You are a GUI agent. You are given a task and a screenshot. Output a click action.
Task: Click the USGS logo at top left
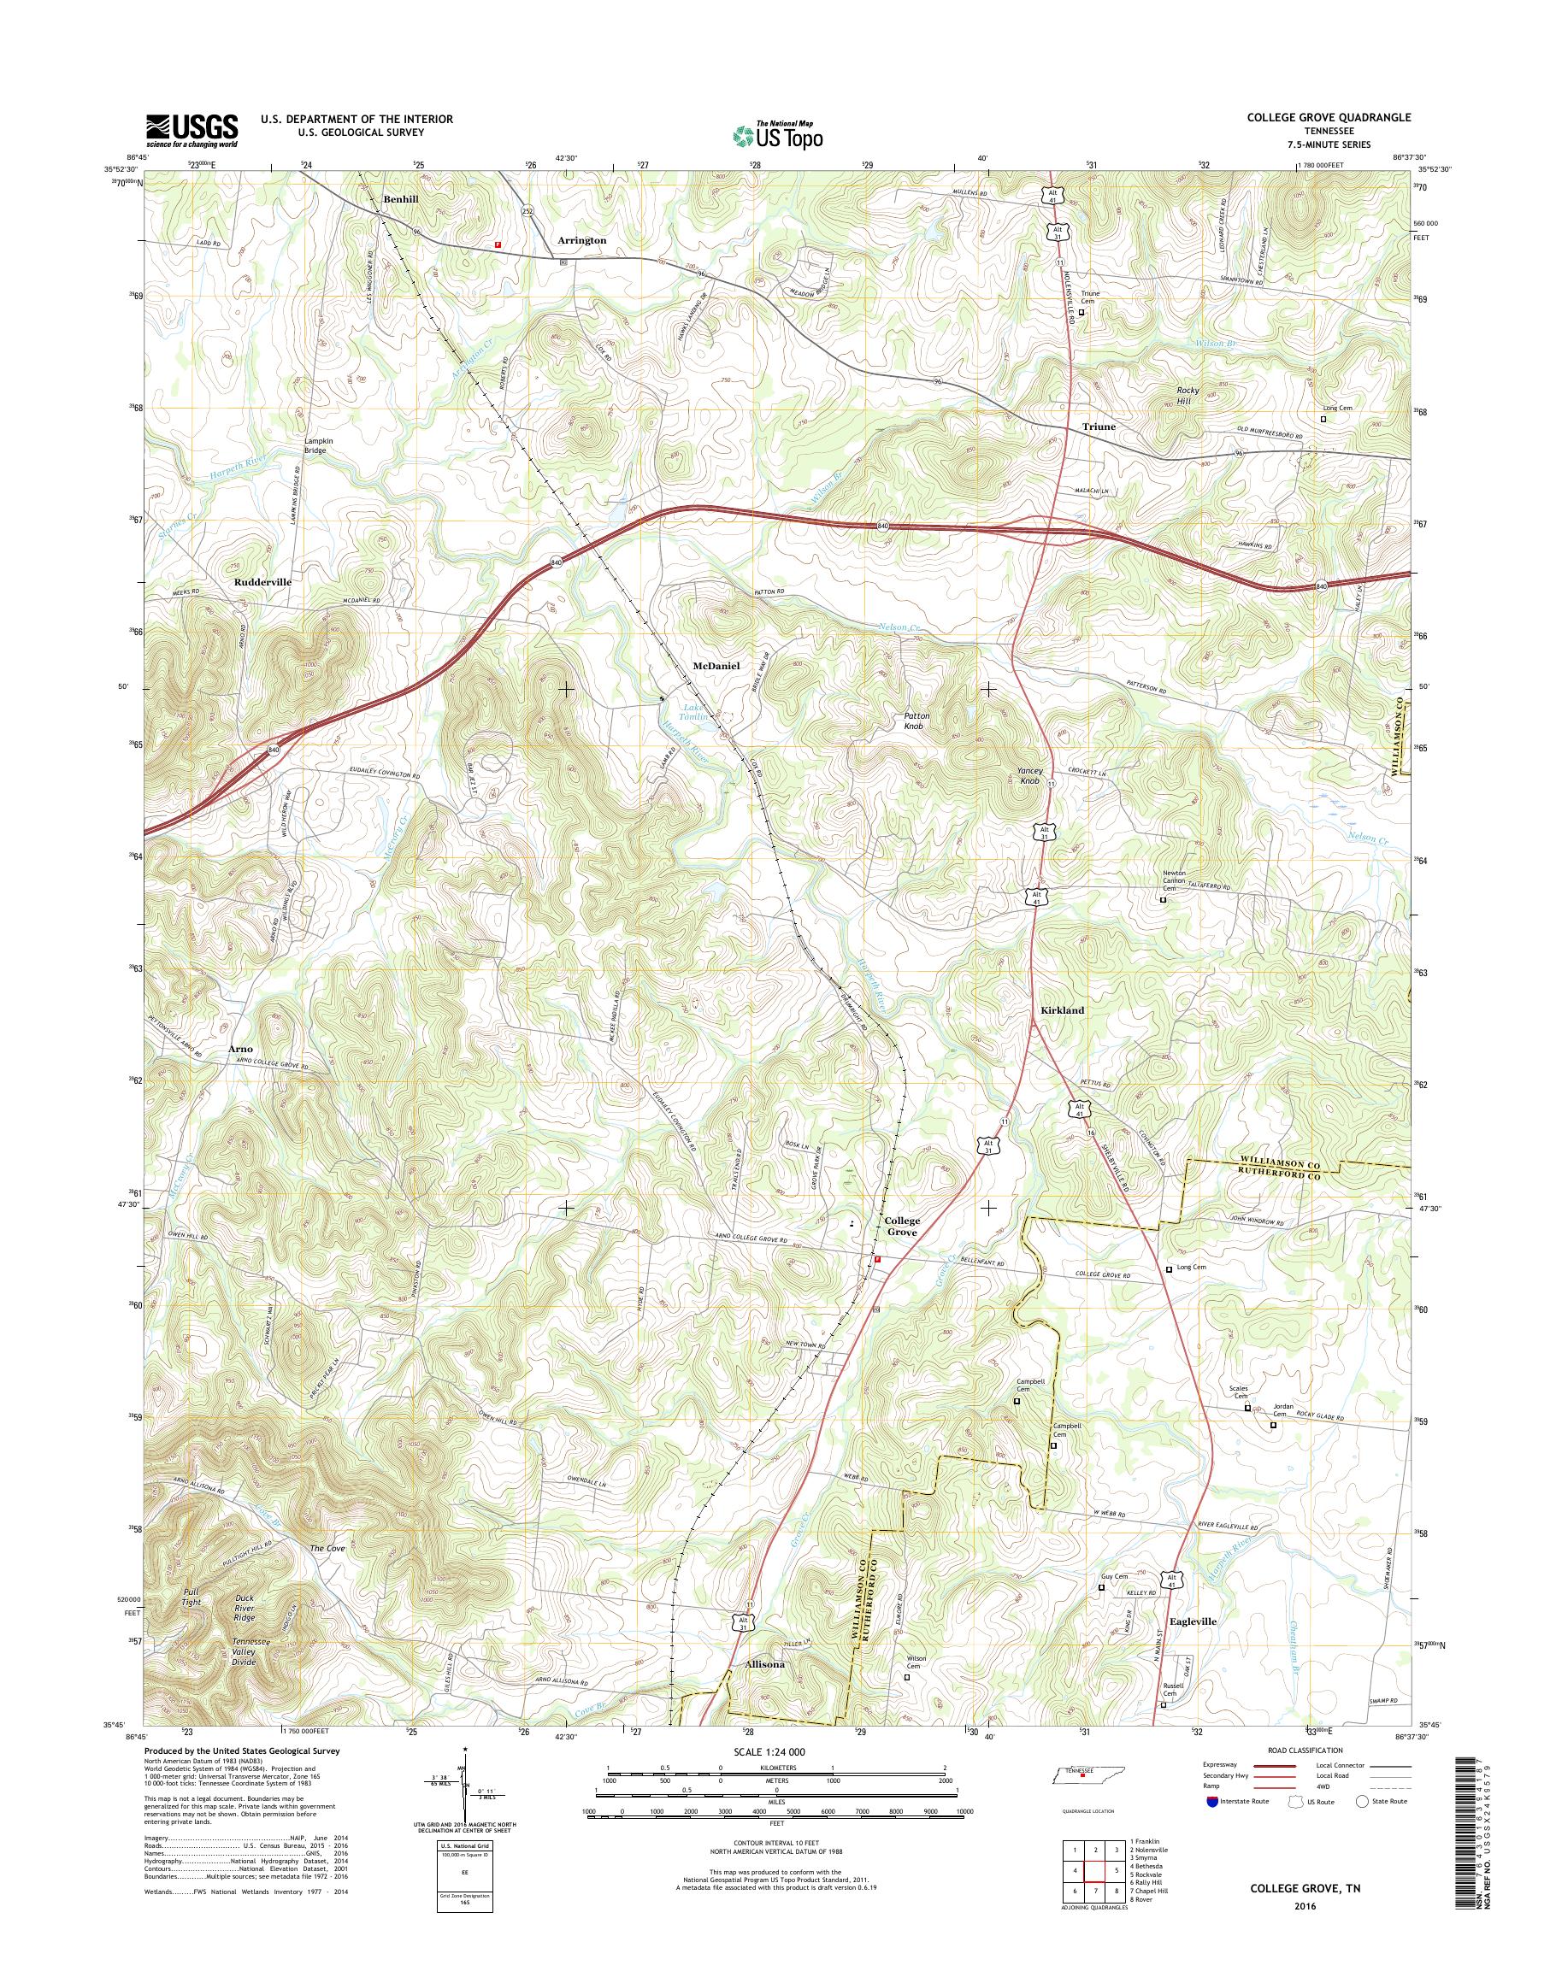[x=192, y=130]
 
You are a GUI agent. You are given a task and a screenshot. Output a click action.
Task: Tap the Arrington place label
[x=581, y=240]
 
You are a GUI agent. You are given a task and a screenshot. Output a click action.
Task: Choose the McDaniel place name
[x=716, y=666]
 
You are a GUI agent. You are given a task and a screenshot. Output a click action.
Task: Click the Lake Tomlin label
[x=695, y=712]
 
